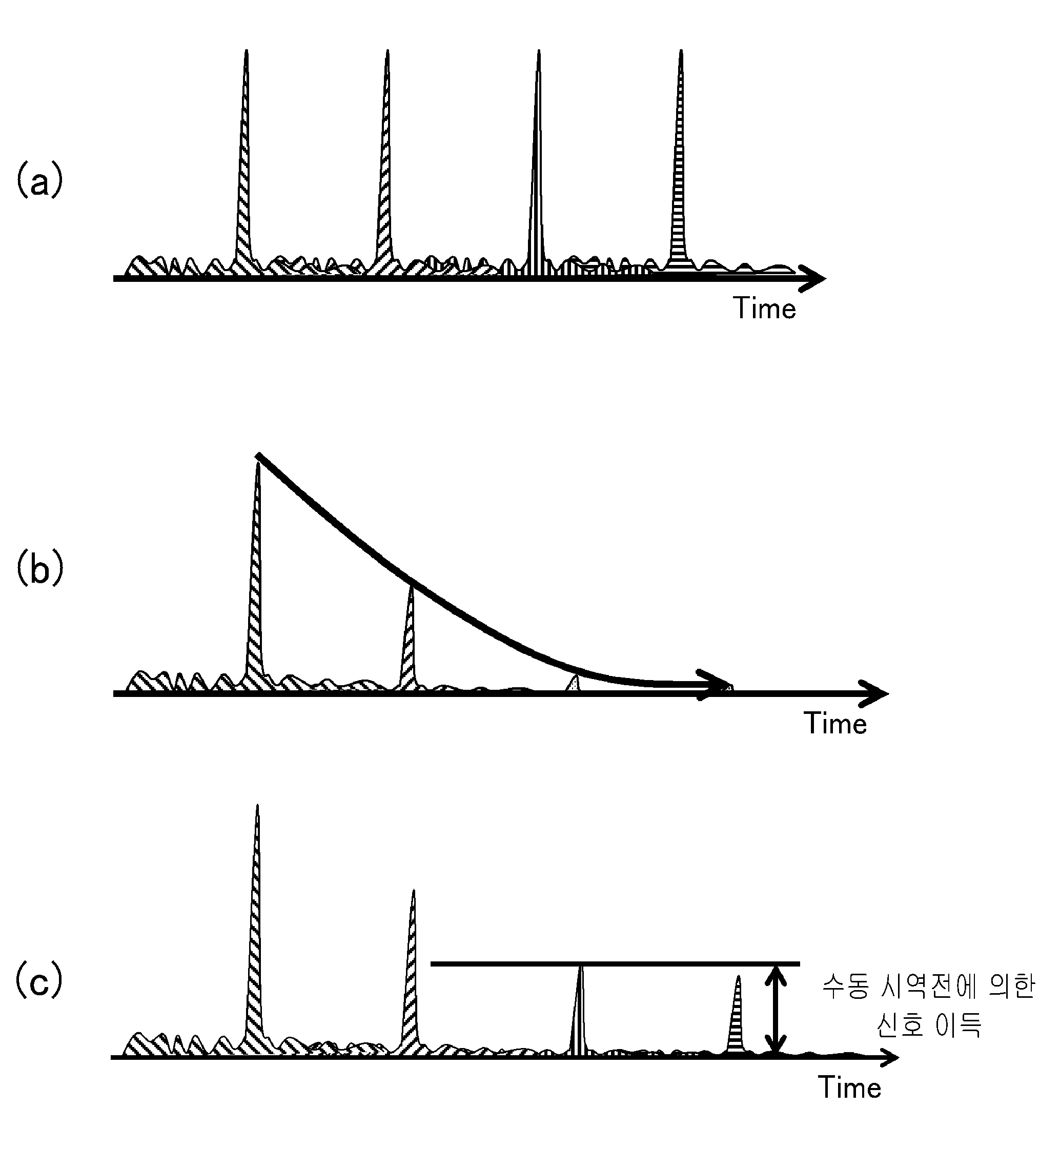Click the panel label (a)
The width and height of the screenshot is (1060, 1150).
tap(39, 179)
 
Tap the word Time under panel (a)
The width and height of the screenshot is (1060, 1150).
tap(765, 309)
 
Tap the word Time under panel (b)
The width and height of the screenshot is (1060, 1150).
tap(835, 723)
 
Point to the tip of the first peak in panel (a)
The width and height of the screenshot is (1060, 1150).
tap(247, 50)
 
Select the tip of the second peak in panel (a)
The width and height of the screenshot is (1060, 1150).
tap(387, 50)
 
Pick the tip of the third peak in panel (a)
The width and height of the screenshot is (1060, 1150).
tap(539, 50)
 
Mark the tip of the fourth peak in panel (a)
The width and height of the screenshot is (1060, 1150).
tap(681, 50)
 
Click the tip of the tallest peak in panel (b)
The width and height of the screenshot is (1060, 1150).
tap(258, 462)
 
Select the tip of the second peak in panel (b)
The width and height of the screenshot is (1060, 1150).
tap(411, 586)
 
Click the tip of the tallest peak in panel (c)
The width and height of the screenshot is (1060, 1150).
tap(257, 805)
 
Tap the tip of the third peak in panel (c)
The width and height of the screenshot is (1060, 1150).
tap(581, 966)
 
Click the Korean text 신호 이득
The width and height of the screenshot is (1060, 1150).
tap(929, 1024)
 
